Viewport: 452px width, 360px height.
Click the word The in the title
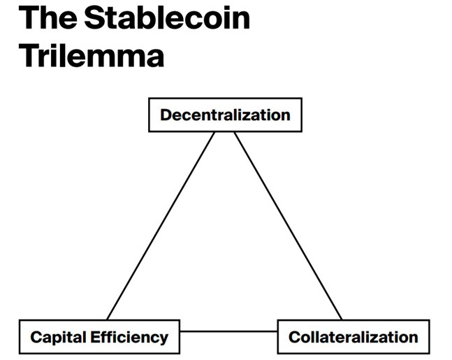click(48, 18)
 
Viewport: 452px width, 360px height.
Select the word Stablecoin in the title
click(167, 18)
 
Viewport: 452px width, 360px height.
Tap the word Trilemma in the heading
click(92, 55)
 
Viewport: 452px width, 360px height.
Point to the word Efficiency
click(129, 338)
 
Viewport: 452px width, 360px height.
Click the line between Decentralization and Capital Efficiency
click(161, 226)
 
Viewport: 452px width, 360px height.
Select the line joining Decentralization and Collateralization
click(288, 226)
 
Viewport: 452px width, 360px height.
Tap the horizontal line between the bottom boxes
click(228, 331)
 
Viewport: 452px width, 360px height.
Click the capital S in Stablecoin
click(94, 18)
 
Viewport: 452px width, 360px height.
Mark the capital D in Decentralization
click(166, 115)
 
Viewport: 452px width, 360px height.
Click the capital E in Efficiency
click(95, 337)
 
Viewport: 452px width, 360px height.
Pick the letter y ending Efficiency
click(163, 340)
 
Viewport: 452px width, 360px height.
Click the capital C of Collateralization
click(295, 337)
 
